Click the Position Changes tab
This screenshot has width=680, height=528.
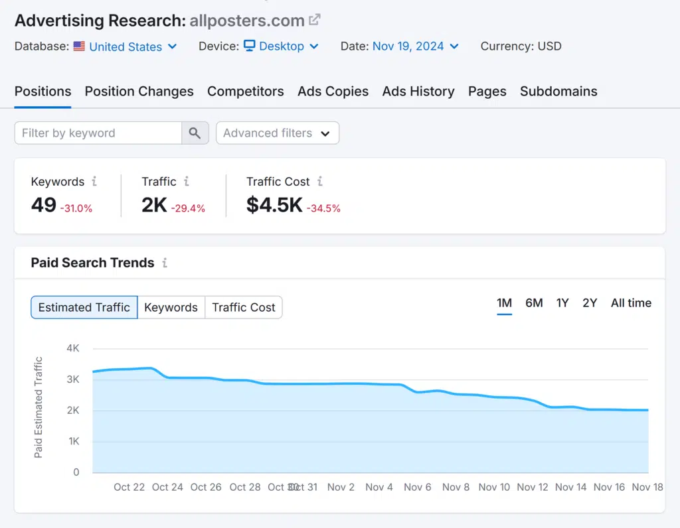[139, 92]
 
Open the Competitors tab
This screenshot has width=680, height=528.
[245, 92]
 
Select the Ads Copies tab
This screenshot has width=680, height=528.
[333, 92]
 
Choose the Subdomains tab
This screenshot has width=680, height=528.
[558, 92]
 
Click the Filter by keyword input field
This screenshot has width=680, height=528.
[98, 133]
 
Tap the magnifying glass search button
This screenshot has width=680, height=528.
[195, 133]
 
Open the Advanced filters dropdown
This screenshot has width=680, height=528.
[277, 133]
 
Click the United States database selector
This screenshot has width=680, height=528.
[126, 46]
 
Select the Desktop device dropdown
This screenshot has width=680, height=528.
[281, 46]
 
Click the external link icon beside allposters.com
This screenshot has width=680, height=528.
[315, 20]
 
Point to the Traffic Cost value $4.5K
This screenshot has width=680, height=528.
[274, 205]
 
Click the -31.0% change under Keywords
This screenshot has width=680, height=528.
[76, 208]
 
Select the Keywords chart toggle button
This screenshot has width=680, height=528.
[171, 307]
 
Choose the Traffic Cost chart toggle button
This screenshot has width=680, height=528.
[243, 307]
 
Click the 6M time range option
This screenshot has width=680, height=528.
[534, 303]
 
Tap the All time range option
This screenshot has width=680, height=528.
[631, 303]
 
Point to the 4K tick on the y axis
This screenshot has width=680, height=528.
[73, 348]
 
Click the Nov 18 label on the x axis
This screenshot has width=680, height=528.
[647, 487]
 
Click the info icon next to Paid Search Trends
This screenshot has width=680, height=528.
[165, 263]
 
